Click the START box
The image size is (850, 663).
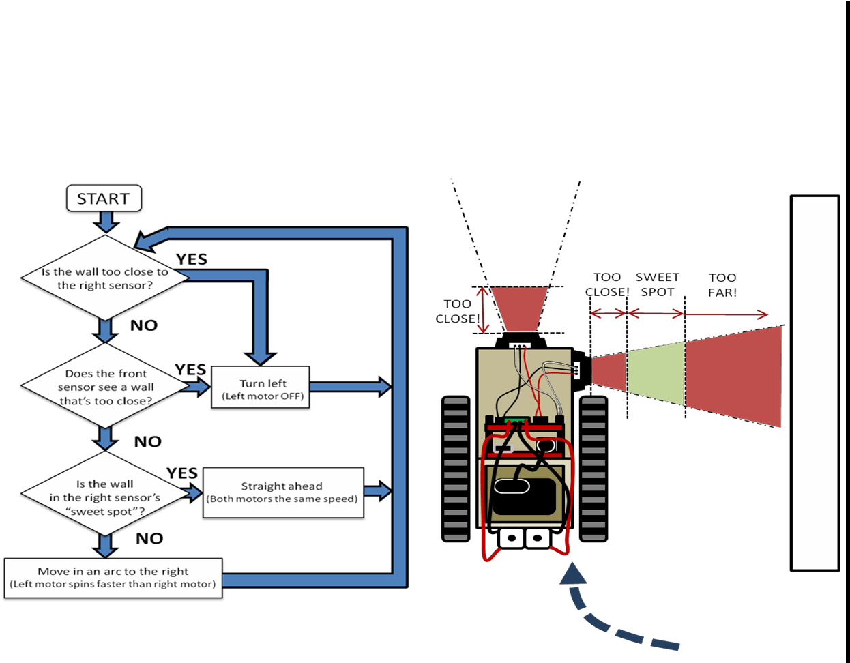pyautogui.click(x=104, y=198)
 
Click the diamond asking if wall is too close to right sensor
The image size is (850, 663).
pyautogui.click(x=105, y=278)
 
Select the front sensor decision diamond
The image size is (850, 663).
pyautogui.click(x=105, y=387)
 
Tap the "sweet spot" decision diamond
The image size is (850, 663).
pyautogui.click(x=104, y=497)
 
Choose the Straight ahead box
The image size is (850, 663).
pyautogui.click(x=282, y=492)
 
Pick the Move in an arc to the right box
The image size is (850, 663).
pyautogui.click(x=113, y=578)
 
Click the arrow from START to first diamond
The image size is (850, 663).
pyautogui.click(x=106, y=221)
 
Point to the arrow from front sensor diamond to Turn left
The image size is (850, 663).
pyautogui.click(x=198, y=387)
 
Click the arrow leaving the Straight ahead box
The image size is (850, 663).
pyautogui.click(x=377, y=490)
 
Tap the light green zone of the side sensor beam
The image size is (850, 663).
pyautogui.click(x=656, y=374)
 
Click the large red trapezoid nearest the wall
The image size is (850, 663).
pyautogui.click(x=734, y=377)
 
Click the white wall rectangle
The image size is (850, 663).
pyautogui.click(x=815, y=382)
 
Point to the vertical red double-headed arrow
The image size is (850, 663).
pyautogui.click(x=483, y=310)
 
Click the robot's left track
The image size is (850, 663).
pyautogui.click(x=456, y=469)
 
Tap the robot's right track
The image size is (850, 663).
pyautogui.click(x=593, y=469)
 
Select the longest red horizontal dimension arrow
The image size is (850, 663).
pyautogui.click(x=725, y=314)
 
